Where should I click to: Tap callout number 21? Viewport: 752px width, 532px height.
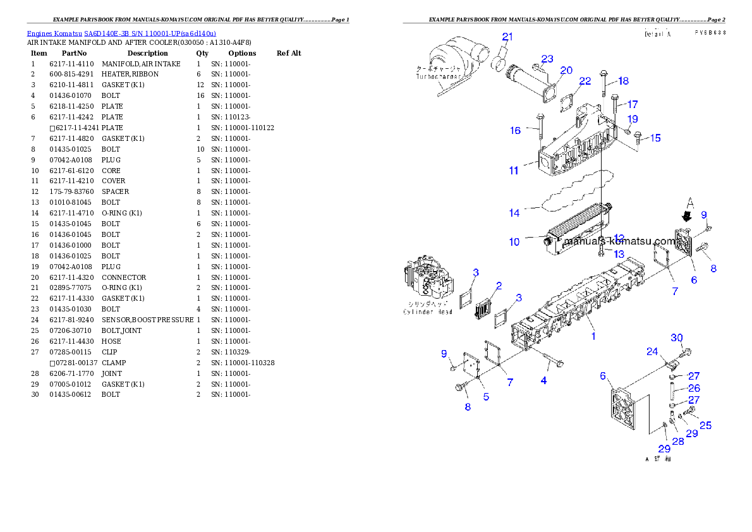point(509,36)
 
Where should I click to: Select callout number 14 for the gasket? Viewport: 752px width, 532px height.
point(514,213)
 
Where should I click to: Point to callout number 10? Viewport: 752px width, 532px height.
point(514,242)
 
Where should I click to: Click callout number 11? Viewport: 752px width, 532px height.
point(514,170)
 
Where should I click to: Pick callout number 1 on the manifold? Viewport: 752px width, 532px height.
point(593,336)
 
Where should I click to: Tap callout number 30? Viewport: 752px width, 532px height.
point(677,338)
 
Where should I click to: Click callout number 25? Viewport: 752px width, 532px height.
point(705,425)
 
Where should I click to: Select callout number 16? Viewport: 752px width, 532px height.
point(516,131)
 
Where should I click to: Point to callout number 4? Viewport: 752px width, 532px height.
point(543,380)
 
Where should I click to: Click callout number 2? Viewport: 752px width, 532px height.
point(499,286)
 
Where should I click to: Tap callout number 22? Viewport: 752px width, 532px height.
point(585,81)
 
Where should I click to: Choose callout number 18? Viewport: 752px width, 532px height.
point(623,81)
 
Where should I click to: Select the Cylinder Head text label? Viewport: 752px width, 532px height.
point(428,312)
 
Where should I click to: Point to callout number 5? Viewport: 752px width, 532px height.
point(485,397)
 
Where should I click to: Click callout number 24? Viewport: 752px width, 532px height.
point(652,352)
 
